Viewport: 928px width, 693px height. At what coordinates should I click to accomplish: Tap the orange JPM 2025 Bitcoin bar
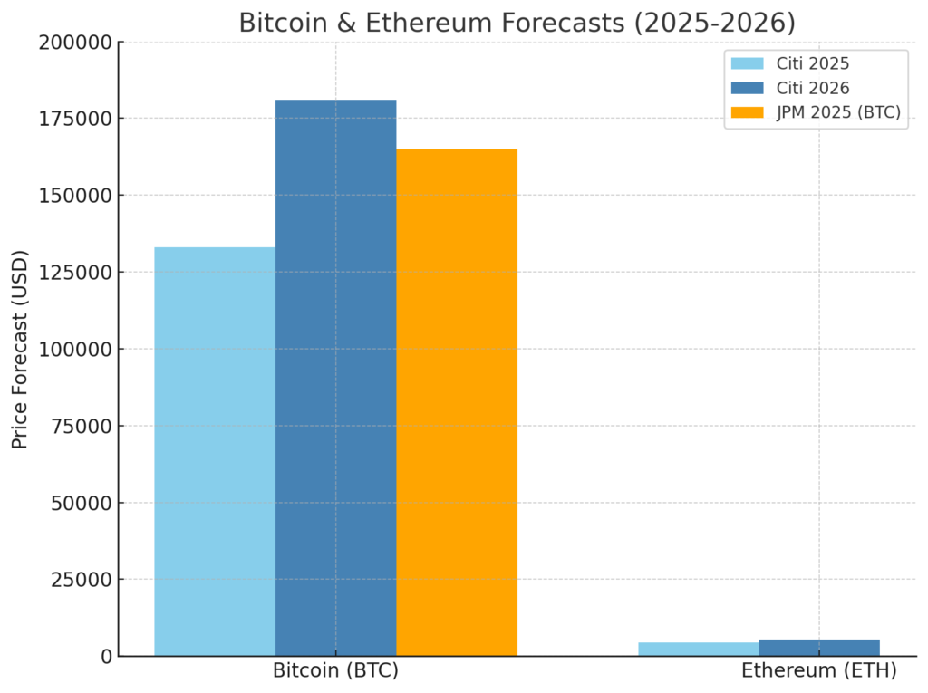[457, 402]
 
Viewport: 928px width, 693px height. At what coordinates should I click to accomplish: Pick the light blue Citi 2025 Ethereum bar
[698, 649]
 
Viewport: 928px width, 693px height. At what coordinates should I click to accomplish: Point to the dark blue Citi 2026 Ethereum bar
[819, 648]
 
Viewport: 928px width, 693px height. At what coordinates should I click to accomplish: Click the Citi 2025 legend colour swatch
[747, 63]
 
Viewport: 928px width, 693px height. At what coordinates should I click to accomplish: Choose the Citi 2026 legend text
[813, 89]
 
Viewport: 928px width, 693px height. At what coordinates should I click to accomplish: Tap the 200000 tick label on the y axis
[76, 43]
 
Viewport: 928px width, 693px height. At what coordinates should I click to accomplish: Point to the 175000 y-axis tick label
[76, 119]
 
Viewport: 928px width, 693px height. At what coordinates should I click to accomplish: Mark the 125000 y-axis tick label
[76, 273]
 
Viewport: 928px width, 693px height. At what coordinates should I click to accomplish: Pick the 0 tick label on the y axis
[107, 657]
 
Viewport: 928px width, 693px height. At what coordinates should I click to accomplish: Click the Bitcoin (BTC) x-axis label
[335, 671]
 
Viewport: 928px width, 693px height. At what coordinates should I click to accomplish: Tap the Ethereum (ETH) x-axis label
[819, 671]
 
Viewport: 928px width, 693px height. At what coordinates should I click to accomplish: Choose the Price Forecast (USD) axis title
[20, 349]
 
